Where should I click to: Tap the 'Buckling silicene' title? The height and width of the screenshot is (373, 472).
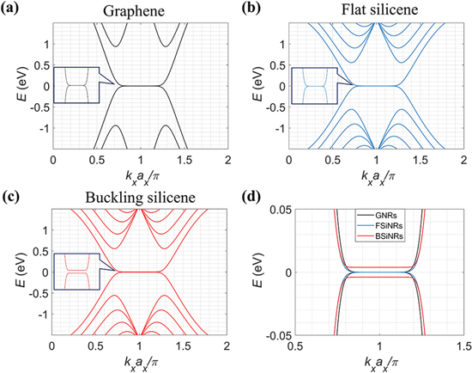[140, 196]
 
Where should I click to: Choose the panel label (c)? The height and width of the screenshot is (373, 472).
[11, 194]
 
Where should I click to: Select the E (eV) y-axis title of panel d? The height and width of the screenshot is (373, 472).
[255, 272]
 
